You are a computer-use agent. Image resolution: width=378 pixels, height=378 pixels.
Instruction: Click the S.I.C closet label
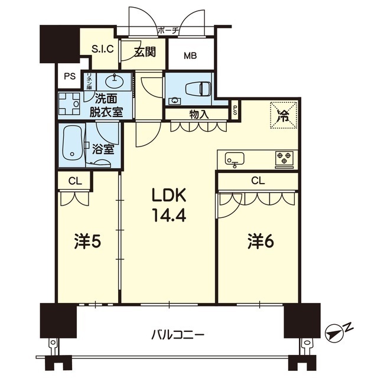[102, 50]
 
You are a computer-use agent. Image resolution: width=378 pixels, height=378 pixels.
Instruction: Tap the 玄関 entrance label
[144, 52]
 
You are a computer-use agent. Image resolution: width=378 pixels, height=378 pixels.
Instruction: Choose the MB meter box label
[190, 56]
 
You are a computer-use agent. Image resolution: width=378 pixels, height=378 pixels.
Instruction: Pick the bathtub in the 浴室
[72, 144]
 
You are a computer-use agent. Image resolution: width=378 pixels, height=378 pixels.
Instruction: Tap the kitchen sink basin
[234, 158]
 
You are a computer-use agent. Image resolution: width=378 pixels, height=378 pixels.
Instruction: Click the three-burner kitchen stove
[284, 158]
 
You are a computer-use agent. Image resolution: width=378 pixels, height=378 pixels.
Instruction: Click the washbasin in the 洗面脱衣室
[113, 80]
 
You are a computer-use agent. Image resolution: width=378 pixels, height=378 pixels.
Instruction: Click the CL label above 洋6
[257, 181]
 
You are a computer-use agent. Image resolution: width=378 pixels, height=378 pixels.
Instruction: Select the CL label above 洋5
[74, 181]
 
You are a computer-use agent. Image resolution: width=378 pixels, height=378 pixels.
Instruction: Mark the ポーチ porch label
[168, 30]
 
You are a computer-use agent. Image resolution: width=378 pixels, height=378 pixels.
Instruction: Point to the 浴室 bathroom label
[104, 148]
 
